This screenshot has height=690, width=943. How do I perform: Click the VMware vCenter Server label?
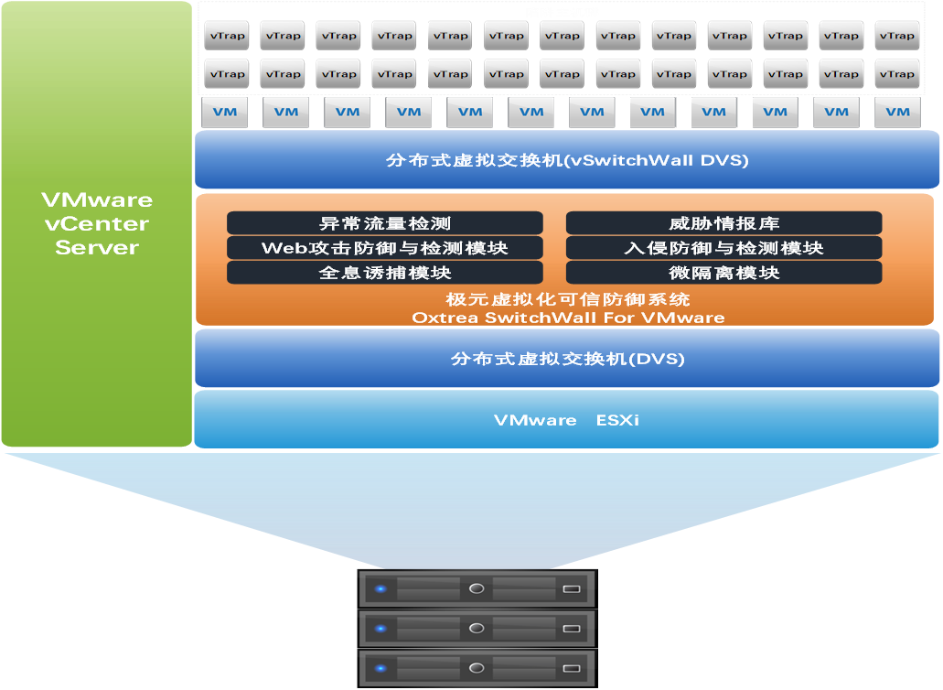[x=96, y=223]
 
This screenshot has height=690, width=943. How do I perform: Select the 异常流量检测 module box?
[x=384, y=223]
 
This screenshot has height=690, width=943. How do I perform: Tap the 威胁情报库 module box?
[x=723, y=223]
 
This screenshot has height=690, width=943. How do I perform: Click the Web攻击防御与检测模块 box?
[x=384, y=248]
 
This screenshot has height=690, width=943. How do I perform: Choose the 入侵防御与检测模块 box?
[x=723, y=248]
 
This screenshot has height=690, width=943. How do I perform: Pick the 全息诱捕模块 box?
[x=384, y=273]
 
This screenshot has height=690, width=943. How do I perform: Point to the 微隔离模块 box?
[x=723, y=273]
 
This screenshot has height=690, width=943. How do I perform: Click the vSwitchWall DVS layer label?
[x=567, y=161]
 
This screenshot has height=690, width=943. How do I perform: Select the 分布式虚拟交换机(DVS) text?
[x=567, y=359]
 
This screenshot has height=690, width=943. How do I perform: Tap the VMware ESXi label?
[x=567, y=420]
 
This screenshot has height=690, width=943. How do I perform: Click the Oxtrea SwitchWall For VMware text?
[x=567, y=318]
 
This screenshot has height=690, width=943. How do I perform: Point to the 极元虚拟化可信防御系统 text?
[x=567, y=299]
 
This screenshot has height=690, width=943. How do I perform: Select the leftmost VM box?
[x=225, y=112]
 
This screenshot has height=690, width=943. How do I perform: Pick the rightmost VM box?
[x=897, y=112]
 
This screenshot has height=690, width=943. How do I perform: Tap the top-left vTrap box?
[x=226, y=36]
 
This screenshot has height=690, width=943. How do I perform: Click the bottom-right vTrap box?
[x=896, y=74]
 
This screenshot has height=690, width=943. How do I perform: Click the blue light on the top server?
[x=380, y=588]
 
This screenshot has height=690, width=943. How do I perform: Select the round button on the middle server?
[x=476, y=629]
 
